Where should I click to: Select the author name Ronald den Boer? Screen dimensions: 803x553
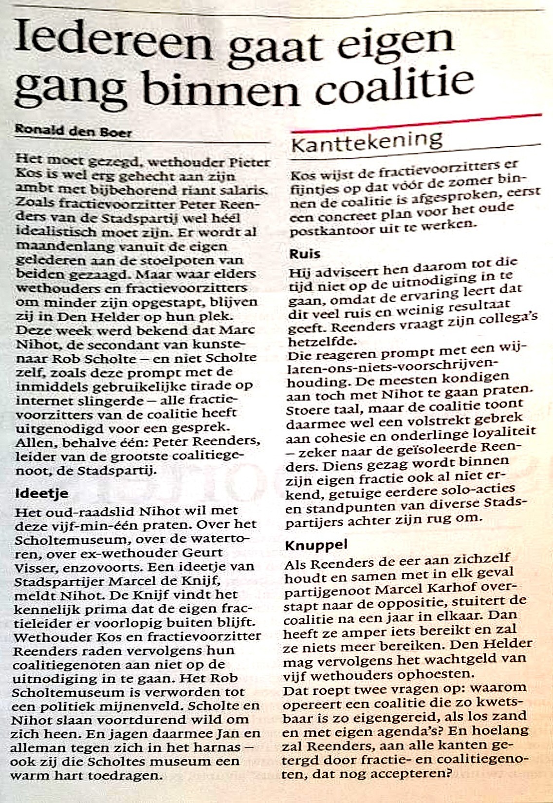coord(73,131)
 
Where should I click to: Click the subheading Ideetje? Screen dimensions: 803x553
coord(42,493)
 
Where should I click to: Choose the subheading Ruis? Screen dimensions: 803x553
coord(305,253)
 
